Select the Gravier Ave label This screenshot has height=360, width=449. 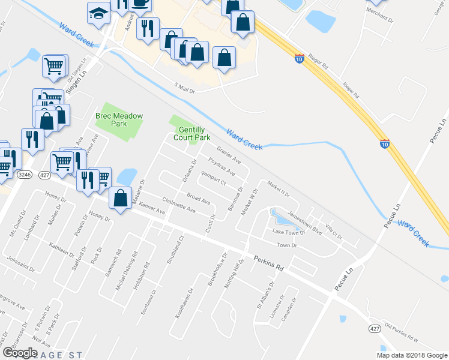tap(228, 155)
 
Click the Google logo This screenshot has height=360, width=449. tap(20, 352)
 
